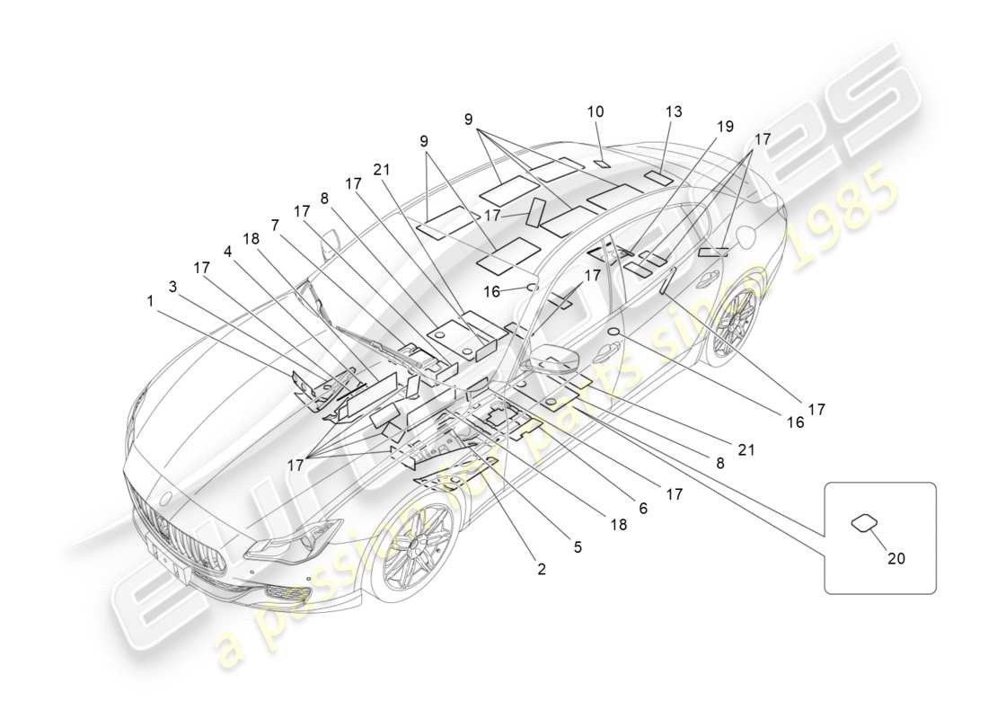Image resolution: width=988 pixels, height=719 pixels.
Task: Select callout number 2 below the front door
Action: pos(541,568)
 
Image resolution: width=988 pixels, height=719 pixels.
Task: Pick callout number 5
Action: pos(578,546)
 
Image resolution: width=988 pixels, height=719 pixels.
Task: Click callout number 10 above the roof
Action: pos(595,112)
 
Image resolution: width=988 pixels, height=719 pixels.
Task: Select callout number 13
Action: pos(674,111)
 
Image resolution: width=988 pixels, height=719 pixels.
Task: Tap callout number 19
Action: pos(726,127)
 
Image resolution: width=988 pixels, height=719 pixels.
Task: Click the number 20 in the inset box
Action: pos(895,558)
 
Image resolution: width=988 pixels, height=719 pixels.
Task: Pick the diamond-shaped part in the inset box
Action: pos(864,522)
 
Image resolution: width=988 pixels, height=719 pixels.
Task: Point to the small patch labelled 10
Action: pos(602,164)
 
